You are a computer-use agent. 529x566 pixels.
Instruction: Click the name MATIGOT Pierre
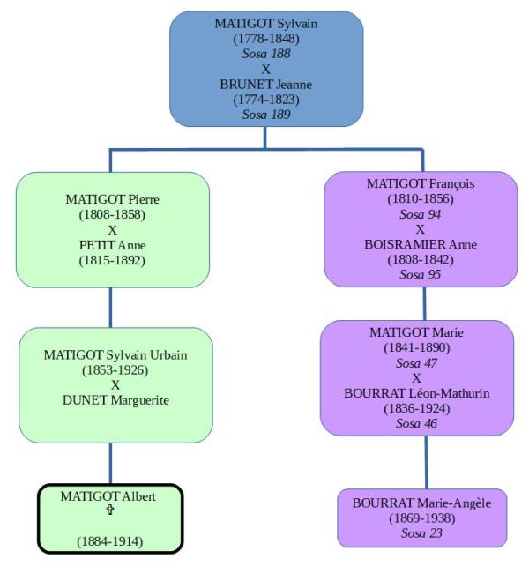pyautogui.click(x=112, y=198)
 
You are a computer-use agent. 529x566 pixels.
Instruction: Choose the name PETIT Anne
pyautogui.click(x=112, y=245)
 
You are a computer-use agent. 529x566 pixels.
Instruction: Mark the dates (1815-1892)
pyautogui.click(x=112, y=260)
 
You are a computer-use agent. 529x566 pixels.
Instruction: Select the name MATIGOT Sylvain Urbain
pyautogui.click(x=115, y=354)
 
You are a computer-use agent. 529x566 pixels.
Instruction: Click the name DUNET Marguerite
pyautogui.click(x=115, y=400)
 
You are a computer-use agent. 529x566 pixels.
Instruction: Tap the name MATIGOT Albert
pyautogui.click(x=108, y=496)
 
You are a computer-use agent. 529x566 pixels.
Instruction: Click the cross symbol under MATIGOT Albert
pyautogui.click(x=108, y=511)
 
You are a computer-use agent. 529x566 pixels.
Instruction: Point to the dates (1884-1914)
pyautogui.click(x=108, y=541)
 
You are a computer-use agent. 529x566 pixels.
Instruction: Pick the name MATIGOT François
pyautogui.click(x=421, y=183)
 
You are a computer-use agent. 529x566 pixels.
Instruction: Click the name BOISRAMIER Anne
pyautogui.click(x=421, y=244)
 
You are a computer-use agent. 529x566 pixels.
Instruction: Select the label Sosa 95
pyautogui.click(x=421, y=274)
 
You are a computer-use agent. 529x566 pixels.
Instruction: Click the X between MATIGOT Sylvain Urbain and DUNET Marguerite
pyautogui.click(x=115, y=384)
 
